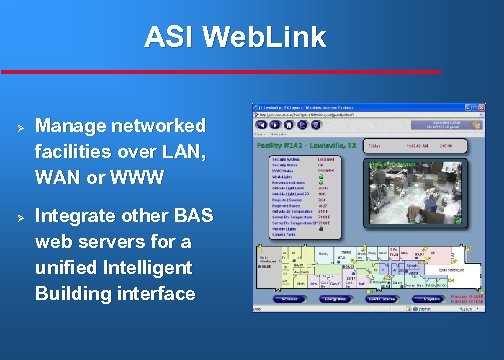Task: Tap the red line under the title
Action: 220,72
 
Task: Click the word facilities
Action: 72,154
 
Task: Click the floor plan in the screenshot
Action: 370,265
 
